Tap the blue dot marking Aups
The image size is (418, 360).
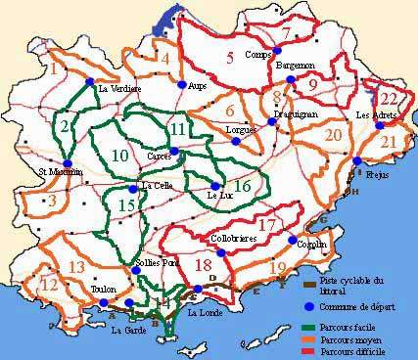181,84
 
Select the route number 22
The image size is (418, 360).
390,98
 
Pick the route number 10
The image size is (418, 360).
119,156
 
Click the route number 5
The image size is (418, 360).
229,58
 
